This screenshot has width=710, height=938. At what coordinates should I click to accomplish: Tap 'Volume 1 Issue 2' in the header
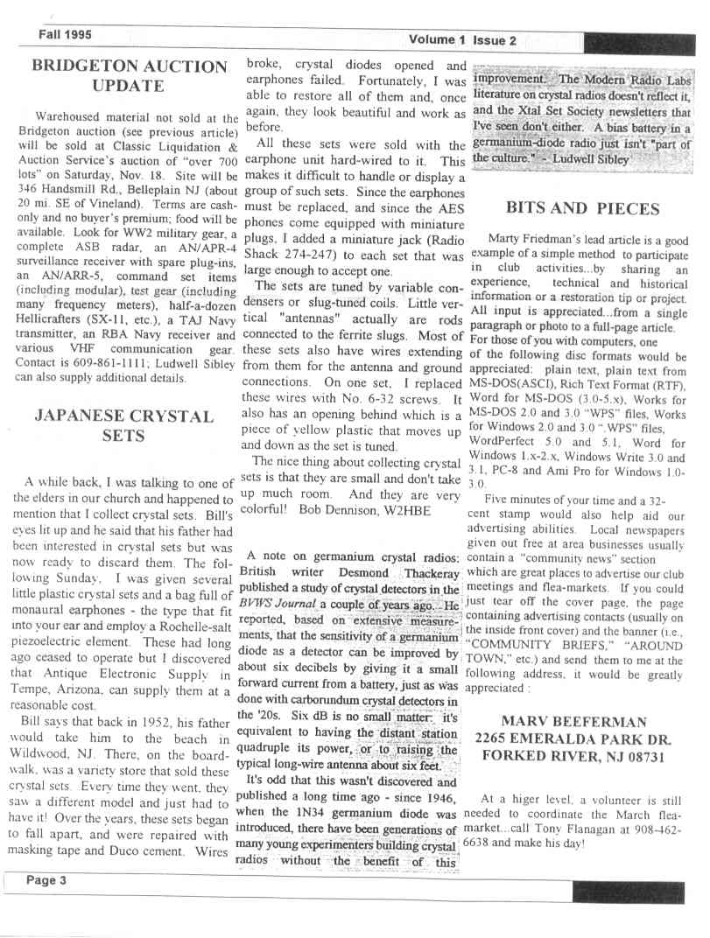click(x=461, y=39)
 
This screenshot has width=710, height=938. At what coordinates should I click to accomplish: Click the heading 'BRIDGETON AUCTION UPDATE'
click(x=129, y=75)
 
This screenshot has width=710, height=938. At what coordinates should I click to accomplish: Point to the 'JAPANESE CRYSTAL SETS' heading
click(x=123, y=426)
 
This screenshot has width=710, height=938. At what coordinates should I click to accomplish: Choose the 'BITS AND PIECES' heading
click(x=582, y=208)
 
